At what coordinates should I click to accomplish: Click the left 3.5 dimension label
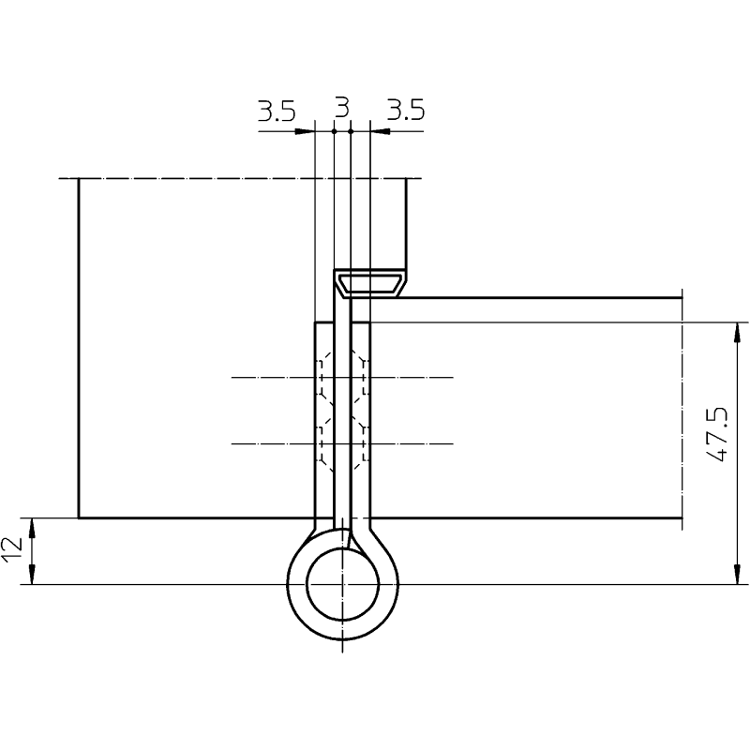[x=277, y=112]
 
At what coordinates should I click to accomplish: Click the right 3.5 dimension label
[x=406, y=110]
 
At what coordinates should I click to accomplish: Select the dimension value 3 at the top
[x=342, y=108]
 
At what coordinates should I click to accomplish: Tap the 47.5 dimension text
[x=717, y=434]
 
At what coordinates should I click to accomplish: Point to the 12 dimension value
[x=11, y=549]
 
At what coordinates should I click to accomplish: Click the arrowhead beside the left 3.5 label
[x=304, y=131]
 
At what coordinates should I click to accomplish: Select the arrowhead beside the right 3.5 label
[x=381, y=131]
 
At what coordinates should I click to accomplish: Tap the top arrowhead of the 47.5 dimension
[x=737, y=333]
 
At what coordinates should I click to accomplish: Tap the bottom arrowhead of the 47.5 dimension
[x=737, y=574]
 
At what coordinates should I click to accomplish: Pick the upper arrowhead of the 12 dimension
[x=32, y=528]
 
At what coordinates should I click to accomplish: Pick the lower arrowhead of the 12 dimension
[x=32, y=574]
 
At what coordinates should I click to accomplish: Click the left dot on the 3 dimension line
[x=334, y=131]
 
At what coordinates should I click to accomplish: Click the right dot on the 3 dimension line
[x=351, y=131]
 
